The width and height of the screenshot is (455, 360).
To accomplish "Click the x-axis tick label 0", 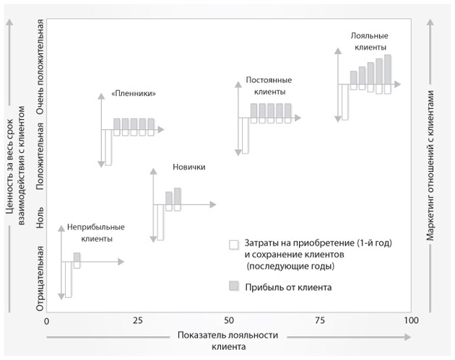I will (46, 320).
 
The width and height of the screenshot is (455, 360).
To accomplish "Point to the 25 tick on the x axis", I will (137, 320).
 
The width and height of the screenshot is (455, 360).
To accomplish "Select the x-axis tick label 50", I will (229, 320).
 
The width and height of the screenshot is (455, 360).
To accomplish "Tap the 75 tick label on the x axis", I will (320, 320).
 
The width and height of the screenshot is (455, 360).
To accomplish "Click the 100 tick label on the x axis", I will (410, 320).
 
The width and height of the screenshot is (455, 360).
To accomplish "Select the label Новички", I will (189, 167).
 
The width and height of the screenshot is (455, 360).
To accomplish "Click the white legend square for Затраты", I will (233, 245).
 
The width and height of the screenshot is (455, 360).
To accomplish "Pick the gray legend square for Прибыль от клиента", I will (233, 286).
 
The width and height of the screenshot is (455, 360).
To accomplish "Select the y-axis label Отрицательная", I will (41, 278).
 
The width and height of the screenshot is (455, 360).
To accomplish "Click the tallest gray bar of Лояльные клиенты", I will (388, 69).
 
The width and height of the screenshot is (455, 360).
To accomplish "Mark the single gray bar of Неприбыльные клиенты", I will (77, 257).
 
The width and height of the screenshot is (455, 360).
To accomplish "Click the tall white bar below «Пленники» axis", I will (108, 147).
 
